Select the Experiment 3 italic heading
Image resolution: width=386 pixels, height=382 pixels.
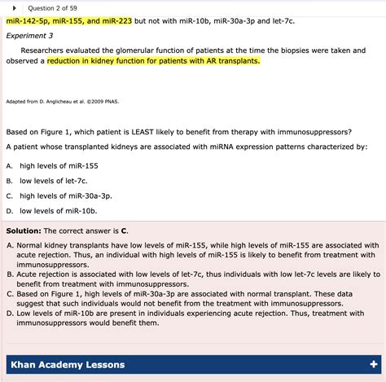coord(29,36)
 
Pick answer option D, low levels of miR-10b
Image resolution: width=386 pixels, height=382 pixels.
coord(53,211)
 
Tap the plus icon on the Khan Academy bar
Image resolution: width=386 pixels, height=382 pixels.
coord(373,362)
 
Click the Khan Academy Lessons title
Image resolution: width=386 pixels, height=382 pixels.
coord(67,362)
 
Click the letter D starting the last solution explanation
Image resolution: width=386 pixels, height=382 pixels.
coord(9,323)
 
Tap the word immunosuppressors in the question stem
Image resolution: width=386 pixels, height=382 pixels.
coord(310,131)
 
